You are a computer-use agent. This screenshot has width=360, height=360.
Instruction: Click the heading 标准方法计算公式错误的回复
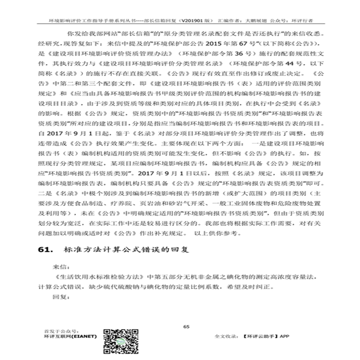point(126,250)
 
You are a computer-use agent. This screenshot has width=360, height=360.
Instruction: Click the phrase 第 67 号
point(210,43)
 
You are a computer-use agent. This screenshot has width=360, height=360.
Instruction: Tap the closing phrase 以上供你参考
point(216,233)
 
